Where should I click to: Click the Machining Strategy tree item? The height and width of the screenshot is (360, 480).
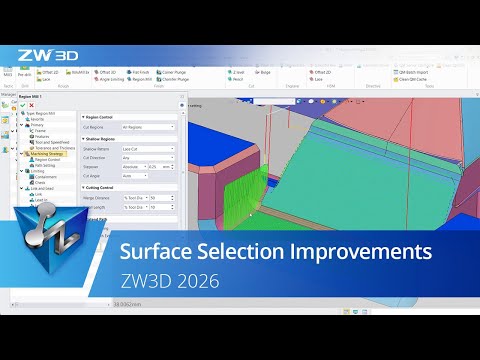point(44,154)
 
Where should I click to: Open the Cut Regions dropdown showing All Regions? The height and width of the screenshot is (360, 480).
point(147,128)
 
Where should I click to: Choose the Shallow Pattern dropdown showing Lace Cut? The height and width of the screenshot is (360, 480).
point(147,149)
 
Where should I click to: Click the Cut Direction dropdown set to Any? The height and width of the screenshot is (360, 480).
point(147,157)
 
